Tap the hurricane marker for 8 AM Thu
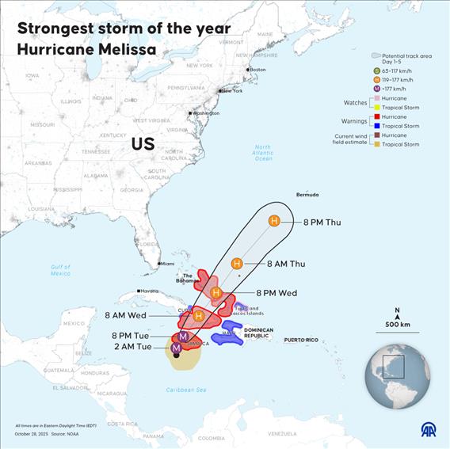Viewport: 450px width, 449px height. coord(237,263)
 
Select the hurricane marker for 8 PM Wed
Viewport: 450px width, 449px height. coord(216,292)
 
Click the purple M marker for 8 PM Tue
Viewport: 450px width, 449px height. coord(183,337)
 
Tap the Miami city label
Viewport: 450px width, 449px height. coord(168,264)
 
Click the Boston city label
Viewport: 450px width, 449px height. coord(257,70)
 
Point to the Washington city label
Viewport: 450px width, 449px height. coord(205,113)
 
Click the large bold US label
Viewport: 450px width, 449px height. coord(143,144)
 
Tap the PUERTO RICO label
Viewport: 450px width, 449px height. coord(301,341)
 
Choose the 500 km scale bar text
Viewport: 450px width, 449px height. coord(397,325)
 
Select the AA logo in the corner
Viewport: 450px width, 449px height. coord(428,430)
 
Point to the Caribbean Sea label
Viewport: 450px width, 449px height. coord(186,390)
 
